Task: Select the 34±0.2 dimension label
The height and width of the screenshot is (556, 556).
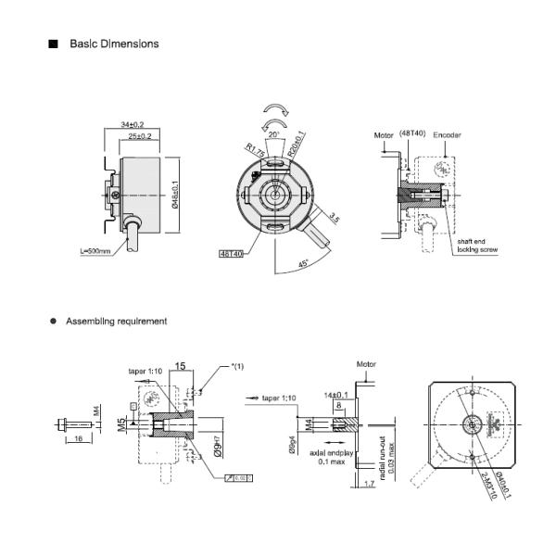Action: point(133,124)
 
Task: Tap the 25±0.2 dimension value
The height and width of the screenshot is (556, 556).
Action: point(140,136)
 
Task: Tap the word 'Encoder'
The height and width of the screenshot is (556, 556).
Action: point(447,134)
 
